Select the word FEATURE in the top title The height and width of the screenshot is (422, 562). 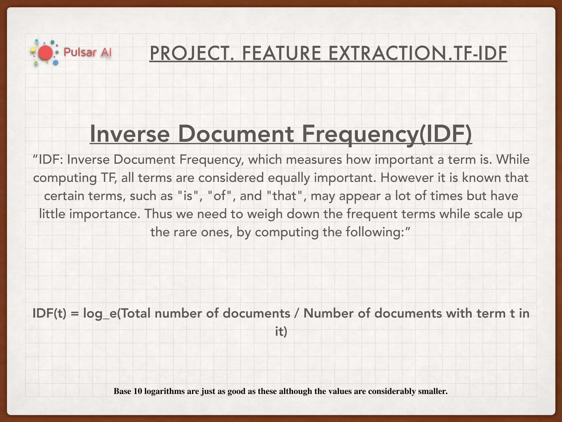[x=282, y=54]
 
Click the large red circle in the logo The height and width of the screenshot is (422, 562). [x=45, y=53]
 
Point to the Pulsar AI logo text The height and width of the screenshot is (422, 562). [x=88, y=52]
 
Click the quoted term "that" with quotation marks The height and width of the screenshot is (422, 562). [x=285, y=196]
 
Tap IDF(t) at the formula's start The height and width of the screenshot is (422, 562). [x=49, y=313]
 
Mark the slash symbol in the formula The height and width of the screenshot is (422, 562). [x=297, y=313]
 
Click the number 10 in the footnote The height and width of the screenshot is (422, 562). [x=138, y=391]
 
